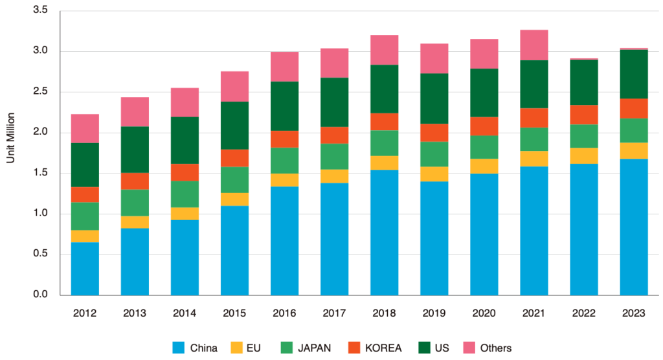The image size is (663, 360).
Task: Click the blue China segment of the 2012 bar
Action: pos(85,269)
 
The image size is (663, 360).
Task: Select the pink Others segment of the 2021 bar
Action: pos(534,45)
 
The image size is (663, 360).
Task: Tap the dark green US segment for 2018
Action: pos(385,89)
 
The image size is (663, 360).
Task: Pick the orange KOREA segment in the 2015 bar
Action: pos(234,158)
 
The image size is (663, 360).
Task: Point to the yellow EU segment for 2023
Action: pos(634,150)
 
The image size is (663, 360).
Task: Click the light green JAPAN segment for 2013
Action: pos(135,203)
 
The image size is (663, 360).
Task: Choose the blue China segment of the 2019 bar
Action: pos(434,238)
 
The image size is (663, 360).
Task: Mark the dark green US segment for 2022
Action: pos(584,82)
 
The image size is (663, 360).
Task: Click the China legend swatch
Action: pos(179,348)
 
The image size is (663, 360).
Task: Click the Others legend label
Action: pos(495,348)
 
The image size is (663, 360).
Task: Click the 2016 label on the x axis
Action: pos(285,313)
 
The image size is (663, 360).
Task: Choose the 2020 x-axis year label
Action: pos(484,313)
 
